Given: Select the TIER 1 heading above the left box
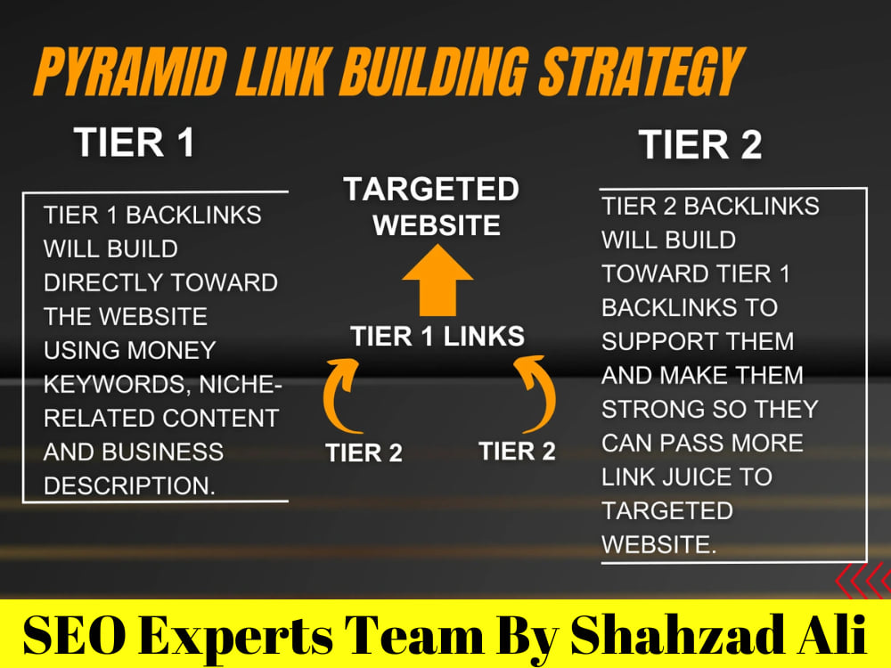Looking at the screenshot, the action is point(135,142).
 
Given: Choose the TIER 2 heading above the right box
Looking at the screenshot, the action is point(699,144).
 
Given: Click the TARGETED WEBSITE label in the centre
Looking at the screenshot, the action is point(432,207).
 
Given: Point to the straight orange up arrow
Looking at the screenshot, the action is point(437,281).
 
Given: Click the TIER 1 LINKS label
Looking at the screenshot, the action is point(437,337).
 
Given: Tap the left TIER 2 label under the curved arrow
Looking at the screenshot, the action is point(364,453).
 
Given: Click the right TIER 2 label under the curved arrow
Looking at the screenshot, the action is point(517,452).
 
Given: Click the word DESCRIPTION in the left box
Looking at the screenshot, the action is point(129,485).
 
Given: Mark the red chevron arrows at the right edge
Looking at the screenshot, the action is point(863,580).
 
